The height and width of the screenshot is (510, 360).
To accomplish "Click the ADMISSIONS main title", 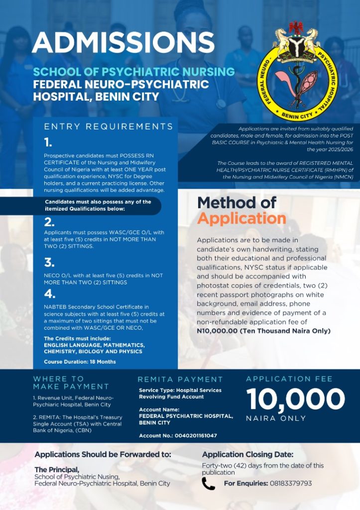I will coord(123,43).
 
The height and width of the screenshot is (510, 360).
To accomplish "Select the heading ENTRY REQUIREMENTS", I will coord(109,127).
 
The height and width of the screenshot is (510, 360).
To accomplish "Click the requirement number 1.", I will coord(48,143).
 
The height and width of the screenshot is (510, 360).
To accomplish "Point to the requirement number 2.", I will coord(49,222).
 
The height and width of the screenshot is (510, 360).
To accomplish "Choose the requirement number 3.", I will coord(49,262).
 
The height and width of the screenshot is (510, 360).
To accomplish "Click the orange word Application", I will coord(241,219).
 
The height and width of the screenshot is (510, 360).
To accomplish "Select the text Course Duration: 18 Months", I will coord(80,362).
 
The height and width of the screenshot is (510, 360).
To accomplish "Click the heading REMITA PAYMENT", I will coord(180,380).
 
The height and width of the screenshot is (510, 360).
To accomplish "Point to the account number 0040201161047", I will coord(191,435).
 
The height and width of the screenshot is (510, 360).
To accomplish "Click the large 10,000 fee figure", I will coord(295,399).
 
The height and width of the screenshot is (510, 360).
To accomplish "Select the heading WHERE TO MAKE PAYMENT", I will coord(71,382).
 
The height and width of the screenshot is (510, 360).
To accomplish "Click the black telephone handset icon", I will coord(208,484).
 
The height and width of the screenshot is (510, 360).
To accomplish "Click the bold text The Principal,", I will coord(57,470).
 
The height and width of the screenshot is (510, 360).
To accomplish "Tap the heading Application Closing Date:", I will coord(247,454).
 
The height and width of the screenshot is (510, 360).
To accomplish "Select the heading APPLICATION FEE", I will coord(289,379).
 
